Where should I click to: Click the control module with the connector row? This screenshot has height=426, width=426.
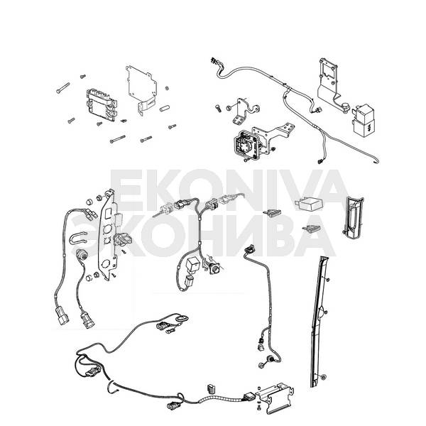point(102,104)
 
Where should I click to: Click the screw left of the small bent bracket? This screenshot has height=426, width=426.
point(215,109)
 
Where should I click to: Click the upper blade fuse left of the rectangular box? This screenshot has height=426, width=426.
point(273,211)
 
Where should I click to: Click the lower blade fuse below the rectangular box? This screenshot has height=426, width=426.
point(311,229)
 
